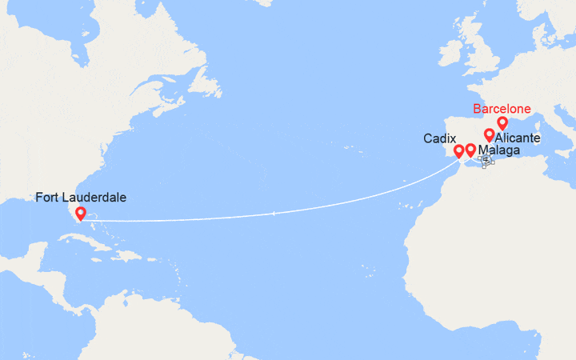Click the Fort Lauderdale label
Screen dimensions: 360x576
(x=81, y=197)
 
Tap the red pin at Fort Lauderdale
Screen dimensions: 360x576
(x=80, y=214)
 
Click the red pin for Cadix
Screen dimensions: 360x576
(x=459, y=150)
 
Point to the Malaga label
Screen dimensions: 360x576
(x=499, y=150)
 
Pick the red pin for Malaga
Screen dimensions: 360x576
(x=470, y=150)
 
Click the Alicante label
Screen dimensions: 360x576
(x=517, y=138)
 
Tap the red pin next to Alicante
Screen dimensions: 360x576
(x=489, y=135)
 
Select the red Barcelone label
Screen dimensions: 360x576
(x=501, y=109)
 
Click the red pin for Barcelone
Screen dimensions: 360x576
(x=502, y=123)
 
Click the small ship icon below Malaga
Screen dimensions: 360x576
(x=486, y=160)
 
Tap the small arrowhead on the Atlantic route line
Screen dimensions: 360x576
(x=274, y=213)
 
